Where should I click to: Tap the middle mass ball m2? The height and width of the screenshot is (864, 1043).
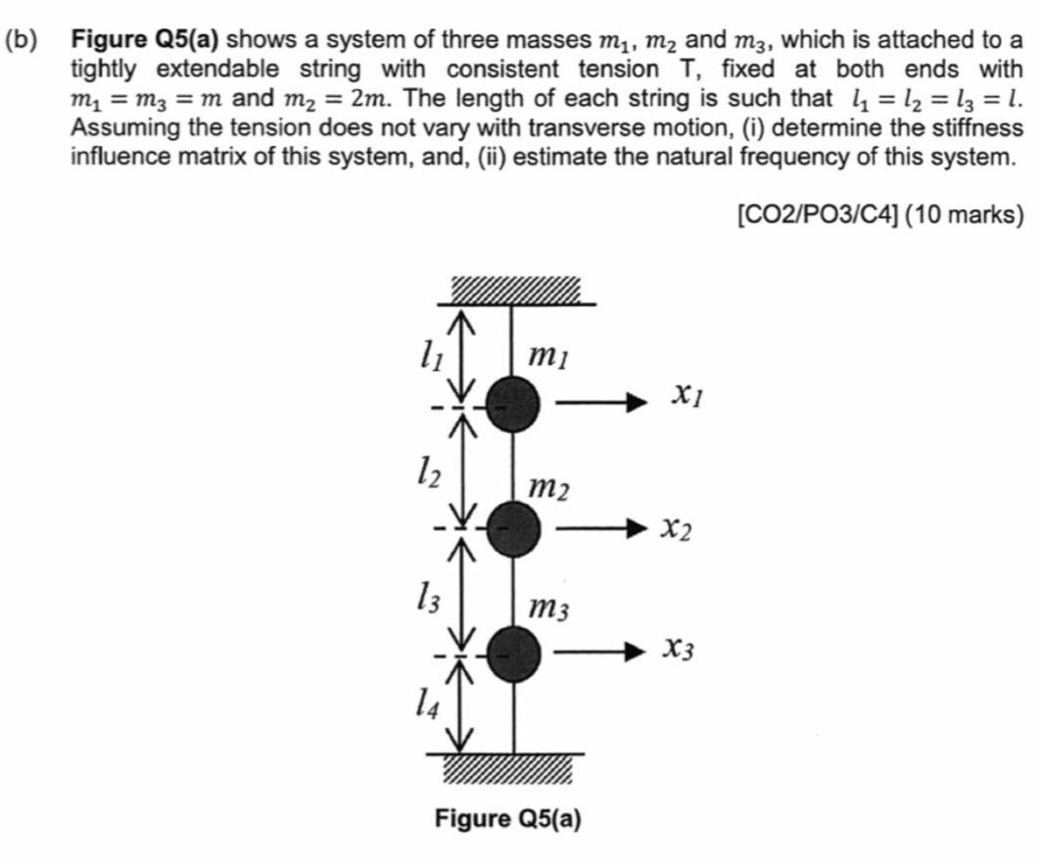pos(513,529)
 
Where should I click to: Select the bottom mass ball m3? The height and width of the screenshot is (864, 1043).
pos(513,654)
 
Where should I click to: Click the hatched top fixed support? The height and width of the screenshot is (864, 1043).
pos(515,291)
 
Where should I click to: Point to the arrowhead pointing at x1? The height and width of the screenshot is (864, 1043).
pos(639,401)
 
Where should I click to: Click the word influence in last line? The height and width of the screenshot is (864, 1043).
pos(114,157)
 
